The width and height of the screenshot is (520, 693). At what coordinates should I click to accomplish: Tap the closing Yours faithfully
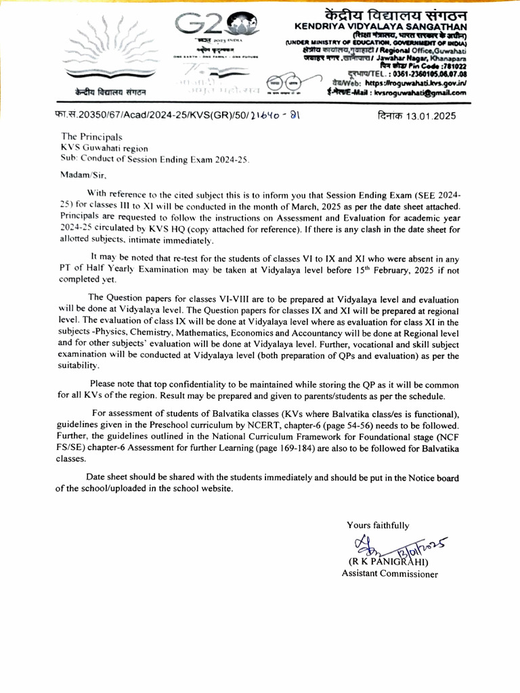coord(377,525)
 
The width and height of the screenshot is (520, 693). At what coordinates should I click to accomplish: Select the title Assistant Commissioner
coord(389,574)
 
